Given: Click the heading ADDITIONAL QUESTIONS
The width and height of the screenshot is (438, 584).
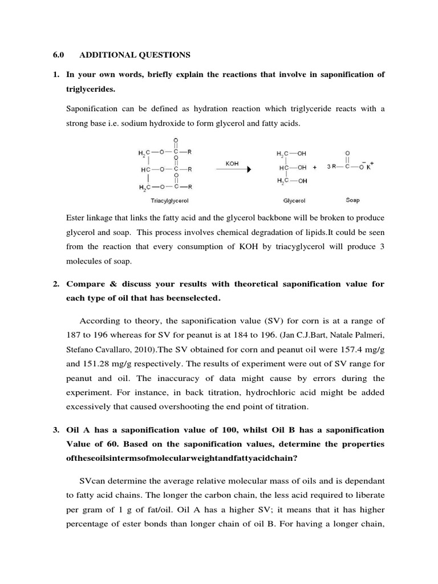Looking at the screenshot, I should tap(134, 55).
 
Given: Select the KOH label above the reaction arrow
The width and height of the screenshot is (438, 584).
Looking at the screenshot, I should tap(232, 163).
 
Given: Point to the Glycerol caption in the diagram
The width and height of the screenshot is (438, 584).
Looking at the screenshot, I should tap(294, 201).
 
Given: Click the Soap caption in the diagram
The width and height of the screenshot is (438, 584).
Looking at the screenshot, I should tap(352, 201).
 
